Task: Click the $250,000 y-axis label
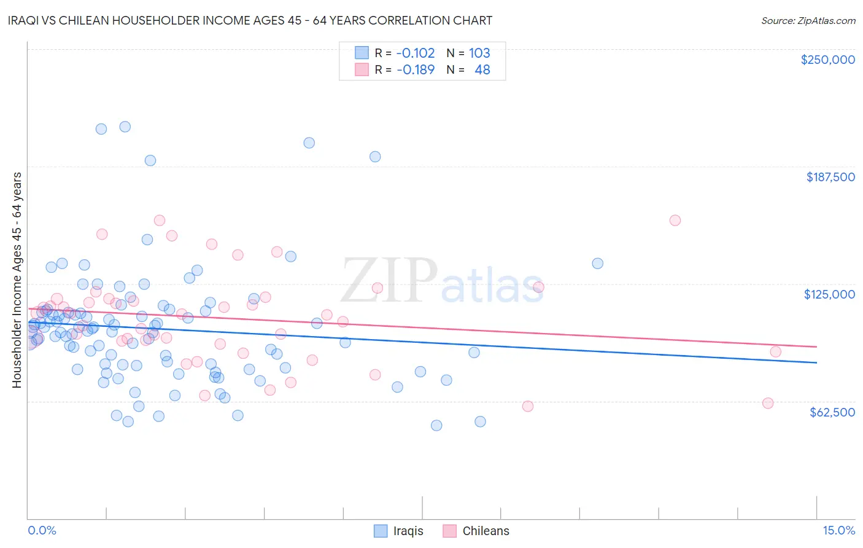pos(827,60)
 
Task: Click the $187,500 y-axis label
pos(830,177)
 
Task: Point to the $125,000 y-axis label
pos(829,294)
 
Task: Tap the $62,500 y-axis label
pos(832,412)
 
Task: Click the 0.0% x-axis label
pos(42,530)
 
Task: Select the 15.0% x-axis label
pos(838,530)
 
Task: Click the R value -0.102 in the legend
pos(416,53)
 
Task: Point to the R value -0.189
pos(416,69)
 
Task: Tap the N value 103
pos(479,53)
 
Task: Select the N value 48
pos(482,69)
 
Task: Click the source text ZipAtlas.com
pos(808,20)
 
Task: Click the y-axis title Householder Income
pos(17,280)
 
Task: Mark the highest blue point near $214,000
pos(125,127)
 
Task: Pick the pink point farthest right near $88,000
pos(775,351)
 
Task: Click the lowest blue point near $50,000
pos(436,425)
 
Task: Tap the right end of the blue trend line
pos(816,362)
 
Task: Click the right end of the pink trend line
pos(816,347)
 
